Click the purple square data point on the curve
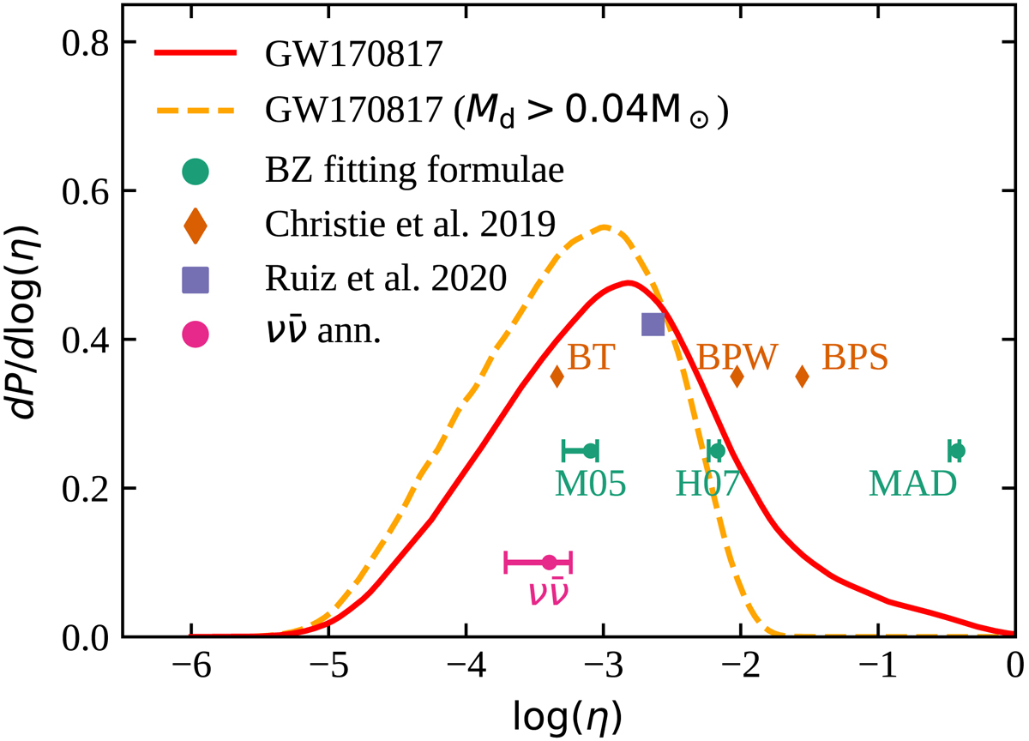tap(653, 323)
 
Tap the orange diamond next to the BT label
tap(557, 376)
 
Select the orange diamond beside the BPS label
tap(803, 376)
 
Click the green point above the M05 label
tap(590, 450)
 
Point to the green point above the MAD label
tap(958, 450)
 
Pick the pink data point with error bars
tap(549, 563)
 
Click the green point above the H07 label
tap(718, 450)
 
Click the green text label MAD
tap(912, 485)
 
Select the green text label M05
tap(590, 485)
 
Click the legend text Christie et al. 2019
tap(411, 225)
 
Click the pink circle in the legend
tap(196, 333)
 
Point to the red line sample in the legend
tap(196, 53)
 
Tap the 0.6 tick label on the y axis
tap(92, 191)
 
